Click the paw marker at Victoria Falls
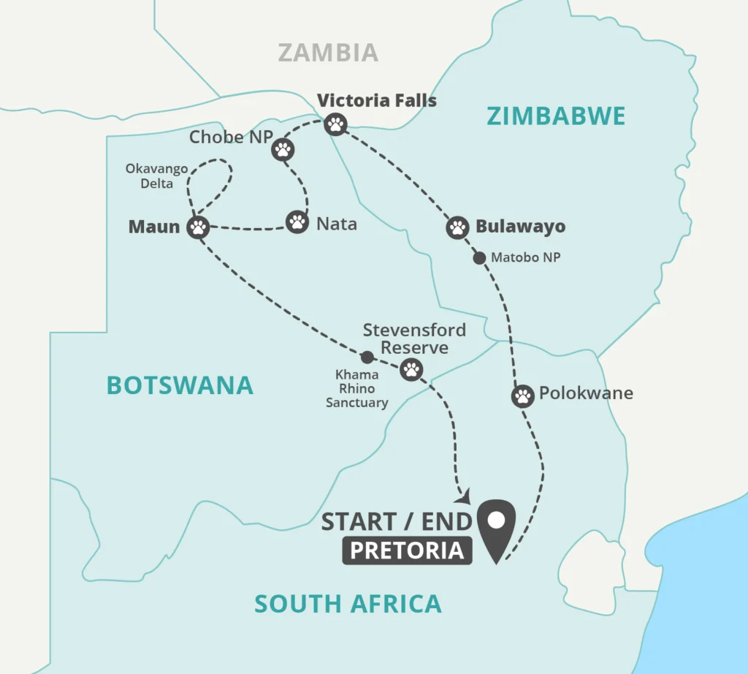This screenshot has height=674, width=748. pyautogui.click(x=336, y=124)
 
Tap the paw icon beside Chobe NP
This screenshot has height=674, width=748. pyautogui.click(x=283, y=150)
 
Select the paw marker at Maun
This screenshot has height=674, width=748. pyautogui.click(x=198, y=227)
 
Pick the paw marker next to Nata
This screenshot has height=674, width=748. pyautogui.click(x=297, y=221)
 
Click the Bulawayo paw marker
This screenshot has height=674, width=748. pyautogui.click(x=457, y=227)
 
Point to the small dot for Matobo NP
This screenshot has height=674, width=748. pyautogui.click(x=479, y=258)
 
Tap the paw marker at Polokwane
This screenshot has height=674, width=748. pyautogui.click(x=523, y=396)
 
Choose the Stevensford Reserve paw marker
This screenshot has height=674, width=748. pyautogui.click(x=411, y=370)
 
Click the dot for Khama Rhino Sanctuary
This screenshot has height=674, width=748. pyautogui.click(x=367, y=357)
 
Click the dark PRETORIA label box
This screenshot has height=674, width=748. pyautogui.click(x=407, y=550)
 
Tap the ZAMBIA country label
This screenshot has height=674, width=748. pyautogui.click(x=328, y=53)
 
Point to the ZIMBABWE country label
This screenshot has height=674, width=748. pyautogui.click(x=556, y=116)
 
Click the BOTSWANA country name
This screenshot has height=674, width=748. pyautogui.click(x=180, y=385)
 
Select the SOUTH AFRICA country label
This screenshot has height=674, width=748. pyautogui.click(x=348, y=604)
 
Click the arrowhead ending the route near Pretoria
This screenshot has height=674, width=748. pyautogui.click(x=462, y=496)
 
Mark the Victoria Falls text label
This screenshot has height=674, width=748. pyautogui.click(x=376, y=101)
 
